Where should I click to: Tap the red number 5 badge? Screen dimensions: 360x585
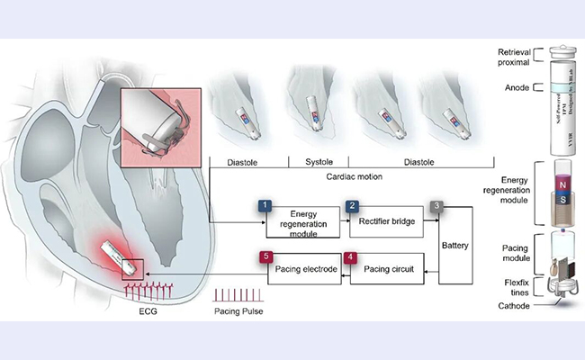pyautogui.click(x=265, y=256)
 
